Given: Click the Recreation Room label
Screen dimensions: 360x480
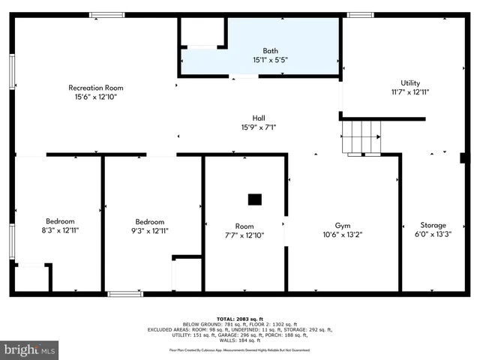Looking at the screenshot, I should (95, 88).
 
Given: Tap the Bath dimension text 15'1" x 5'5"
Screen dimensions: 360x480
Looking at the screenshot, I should (269, 59).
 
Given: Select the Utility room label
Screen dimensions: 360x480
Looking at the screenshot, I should (410, 82).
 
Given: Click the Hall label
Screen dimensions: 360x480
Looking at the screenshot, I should (259, 118).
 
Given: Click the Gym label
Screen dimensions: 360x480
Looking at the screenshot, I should (343, 225).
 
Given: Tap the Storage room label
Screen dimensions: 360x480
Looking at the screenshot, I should (433, 225).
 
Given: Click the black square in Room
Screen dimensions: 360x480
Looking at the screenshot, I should (255, 199).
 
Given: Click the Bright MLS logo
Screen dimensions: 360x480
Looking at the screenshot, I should (30, 349).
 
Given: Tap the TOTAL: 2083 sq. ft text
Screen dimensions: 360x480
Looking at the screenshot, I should (240, 318).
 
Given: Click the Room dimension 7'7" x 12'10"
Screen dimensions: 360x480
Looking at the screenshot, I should (244, 234).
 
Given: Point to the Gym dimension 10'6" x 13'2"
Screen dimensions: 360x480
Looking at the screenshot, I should (343, 234).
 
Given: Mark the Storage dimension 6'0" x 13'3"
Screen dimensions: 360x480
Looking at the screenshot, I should (433, 234).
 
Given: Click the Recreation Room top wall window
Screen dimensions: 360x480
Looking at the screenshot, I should (107, 15).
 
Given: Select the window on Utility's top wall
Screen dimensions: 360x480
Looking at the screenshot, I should (361, 15).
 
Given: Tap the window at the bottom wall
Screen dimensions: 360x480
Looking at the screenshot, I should (124, 293).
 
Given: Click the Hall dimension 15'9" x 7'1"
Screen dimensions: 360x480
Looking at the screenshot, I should (259, 127).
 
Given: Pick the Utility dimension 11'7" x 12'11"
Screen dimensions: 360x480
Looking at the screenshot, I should (410, 91).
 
